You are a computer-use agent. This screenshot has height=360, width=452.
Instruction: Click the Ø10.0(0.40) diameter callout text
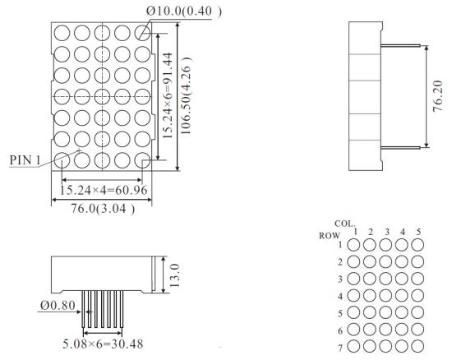tap(184, 12)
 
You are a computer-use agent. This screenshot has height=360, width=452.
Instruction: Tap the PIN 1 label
tap(25, 160)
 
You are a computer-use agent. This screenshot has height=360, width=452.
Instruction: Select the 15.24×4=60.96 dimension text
tap(104, 190)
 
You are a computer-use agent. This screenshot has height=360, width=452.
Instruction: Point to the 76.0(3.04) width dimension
tap(103, 209)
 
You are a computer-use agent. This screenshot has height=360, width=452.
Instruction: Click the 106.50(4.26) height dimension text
tap(186, 95)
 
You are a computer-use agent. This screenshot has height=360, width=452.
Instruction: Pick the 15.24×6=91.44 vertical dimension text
tap(167, 95)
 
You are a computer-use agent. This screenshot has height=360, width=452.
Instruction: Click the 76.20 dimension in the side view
tap(437, 96)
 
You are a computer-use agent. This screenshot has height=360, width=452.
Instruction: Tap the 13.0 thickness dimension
tap(175, 275)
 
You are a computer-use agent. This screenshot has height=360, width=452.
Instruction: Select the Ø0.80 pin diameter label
tap(58, 305)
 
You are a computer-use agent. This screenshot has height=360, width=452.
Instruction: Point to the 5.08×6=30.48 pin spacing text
tap(103, 344)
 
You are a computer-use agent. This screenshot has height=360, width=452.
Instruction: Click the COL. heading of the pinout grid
tap(345, 224)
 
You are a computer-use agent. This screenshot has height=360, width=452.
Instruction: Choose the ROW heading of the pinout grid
tap(330, 236)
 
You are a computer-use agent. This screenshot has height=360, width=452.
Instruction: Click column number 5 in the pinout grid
tap(418, 232)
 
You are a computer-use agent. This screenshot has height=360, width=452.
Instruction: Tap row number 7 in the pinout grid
tap(340, 348)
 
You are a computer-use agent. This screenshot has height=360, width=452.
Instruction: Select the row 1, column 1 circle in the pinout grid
tap(353, 245)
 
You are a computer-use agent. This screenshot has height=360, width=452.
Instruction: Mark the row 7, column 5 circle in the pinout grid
tap(417, 346)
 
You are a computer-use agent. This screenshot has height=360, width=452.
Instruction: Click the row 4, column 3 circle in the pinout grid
tap(385, 295)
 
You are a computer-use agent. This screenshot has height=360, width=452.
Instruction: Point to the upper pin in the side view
tap(400, 45)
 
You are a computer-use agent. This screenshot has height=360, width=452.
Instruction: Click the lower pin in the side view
tap(400, 148)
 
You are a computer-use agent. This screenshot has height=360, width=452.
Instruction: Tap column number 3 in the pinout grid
tap(387, 232)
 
